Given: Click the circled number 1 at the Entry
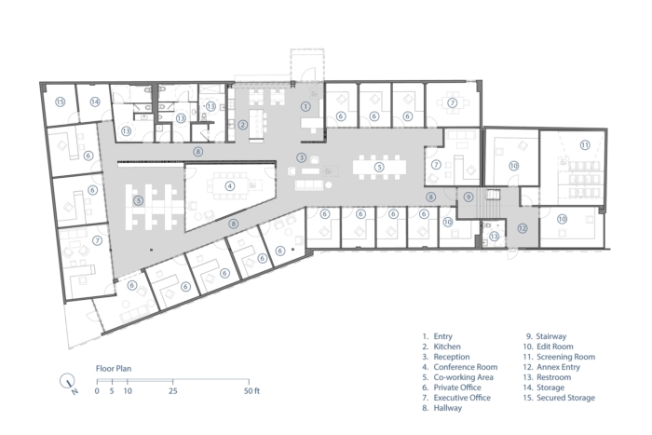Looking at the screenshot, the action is coord(306,106).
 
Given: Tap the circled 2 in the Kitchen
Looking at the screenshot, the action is coord(242,124).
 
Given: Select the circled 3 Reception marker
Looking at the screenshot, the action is coord(302,157).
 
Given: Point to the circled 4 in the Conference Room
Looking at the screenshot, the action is coord(230,186).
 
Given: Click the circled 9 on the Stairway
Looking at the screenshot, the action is coord(469,197).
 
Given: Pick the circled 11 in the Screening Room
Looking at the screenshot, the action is coord(585,145).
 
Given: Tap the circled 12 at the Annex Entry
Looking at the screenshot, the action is coord(523,228).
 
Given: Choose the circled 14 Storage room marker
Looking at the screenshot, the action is coord(95,102).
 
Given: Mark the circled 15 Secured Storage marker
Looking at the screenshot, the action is coord(61,102).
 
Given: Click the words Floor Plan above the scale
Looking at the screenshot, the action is coord(114,369).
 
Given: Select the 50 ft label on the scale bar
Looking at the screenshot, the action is coord(251,391).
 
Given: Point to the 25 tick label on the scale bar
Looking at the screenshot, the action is coord(173,391).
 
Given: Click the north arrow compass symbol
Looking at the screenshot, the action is coord(68,382).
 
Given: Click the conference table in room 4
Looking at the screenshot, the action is coord(229,186).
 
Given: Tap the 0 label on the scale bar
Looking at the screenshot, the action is coord(97,391).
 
